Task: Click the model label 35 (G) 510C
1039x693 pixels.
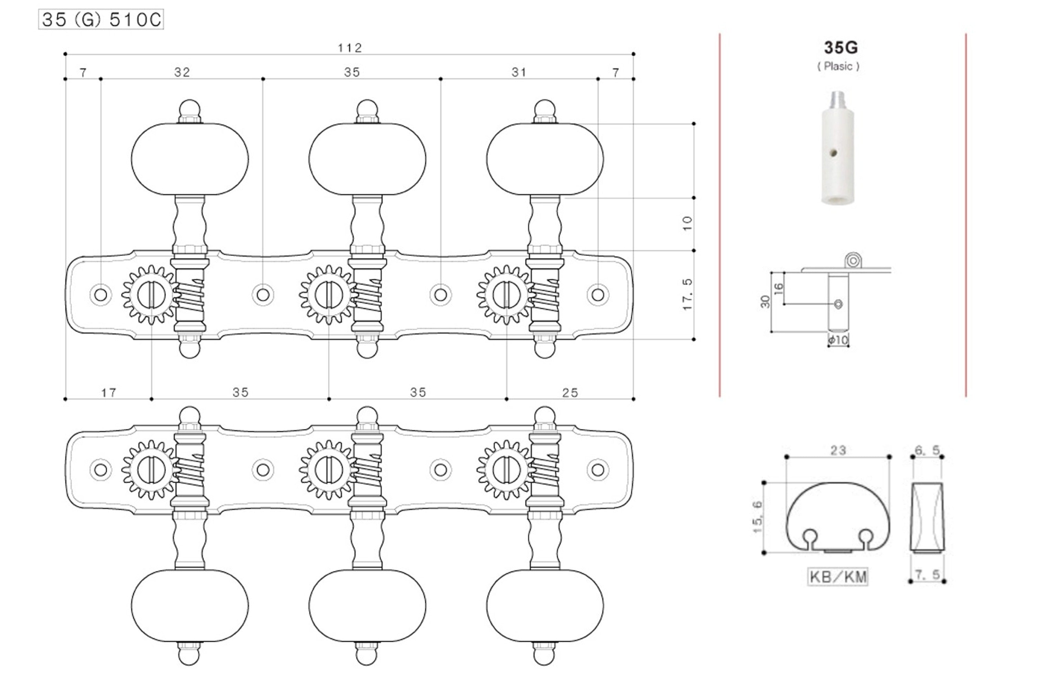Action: (101, 19)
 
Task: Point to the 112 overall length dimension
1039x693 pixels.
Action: (350, 48)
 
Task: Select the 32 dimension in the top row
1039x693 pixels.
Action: (182, 72)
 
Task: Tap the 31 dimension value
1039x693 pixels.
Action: (519, 72)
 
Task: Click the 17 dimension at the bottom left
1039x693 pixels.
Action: (109, 393)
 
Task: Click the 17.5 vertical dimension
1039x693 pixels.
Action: (687, 294)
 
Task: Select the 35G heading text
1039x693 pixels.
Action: (840, 47)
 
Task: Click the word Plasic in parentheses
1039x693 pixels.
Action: (838, 66)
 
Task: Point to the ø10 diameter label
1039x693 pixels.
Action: (838, 340)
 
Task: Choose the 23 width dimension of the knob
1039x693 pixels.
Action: (838, 450)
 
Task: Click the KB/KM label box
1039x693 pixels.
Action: (837, 577)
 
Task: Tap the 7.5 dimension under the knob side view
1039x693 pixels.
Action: (927, 575)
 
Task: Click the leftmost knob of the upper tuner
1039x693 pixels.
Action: (189, 159)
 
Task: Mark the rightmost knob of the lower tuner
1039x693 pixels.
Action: (545, 605)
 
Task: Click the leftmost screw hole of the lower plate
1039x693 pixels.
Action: (101, 470)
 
